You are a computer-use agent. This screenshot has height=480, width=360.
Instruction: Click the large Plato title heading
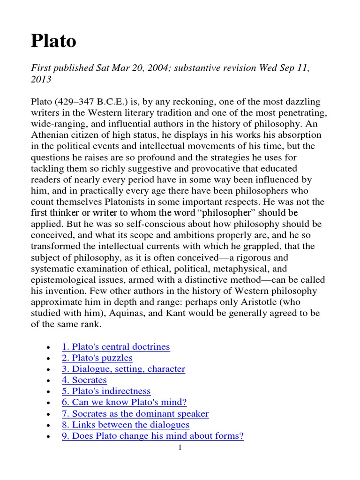coord(53,41)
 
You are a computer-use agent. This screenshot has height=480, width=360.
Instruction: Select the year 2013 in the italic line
coord(41,79)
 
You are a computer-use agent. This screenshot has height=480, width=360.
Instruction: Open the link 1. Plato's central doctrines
coord(116,347)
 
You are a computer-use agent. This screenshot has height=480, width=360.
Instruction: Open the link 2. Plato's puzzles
coord(97,358)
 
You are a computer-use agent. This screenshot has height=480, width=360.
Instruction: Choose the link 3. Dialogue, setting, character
coord(123,369)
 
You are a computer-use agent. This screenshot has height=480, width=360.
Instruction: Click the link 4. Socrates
coord(84,380)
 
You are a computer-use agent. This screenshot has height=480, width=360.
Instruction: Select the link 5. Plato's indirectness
coord(106,391)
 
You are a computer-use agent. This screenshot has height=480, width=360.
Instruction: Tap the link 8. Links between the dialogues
coord(126,425)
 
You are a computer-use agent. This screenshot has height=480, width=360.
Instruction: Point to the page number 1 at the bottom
coord(180,448)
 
